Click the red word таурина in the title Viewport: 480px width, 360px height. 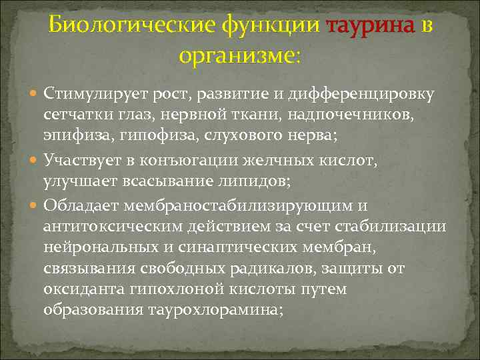pos(369,26)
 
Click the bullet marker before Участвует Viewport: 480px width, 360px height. pos(35,161)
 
